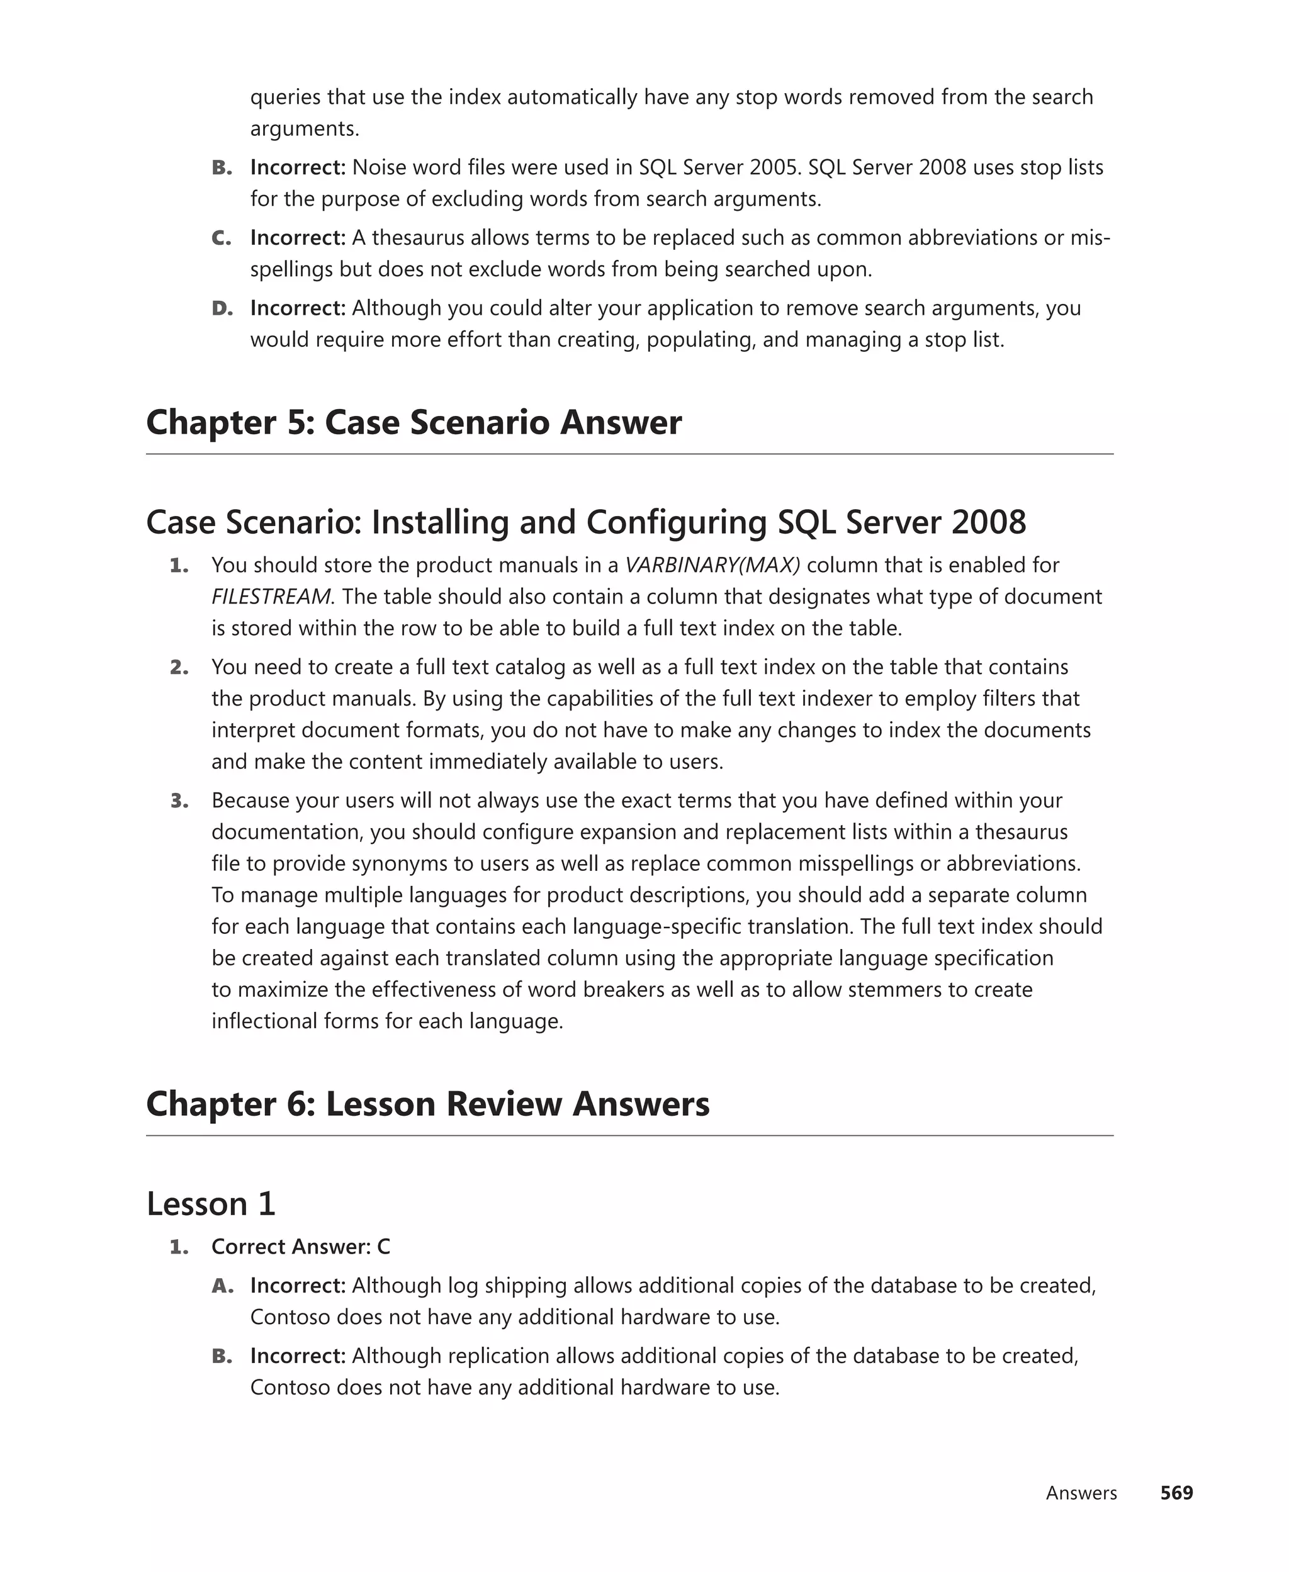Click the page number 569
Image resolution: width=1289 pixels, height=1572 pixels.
[x=1176, y=1493]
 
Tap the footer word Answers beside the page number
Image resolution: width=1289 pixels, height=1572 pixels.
[x=1081, y=1493]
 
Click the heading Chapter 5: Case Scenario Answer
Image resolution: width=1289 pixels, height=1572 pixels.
[x=414, y=422]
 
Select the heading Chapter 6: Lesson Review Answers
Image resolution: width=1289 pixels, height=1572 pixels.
[x=428, y=1104]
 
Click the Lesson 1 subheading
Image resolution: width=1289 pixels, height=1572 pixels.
[x=211, y=1203]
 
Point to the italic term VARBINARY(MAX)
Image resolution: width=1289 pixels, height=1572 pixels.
[x=712, y=565]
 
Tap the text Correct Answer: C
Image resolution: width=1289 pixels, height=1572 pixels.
[x=301, y=1246]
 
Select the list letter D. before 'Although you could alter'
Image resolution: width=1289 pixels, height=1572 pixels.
[x=222, y=308]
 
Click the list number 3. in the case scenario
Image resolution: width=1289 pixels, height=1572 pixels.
[x=179, y=801]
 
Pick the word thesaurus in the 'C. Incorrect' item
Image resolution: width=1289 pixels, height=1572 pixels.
[x=418, y=239]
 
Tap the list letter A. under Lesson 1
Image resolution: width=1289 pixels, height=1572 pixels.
[x=222, y=1286]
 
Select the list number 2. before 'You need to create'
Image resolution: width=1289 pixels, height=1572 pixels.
[x=179, y=667]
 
